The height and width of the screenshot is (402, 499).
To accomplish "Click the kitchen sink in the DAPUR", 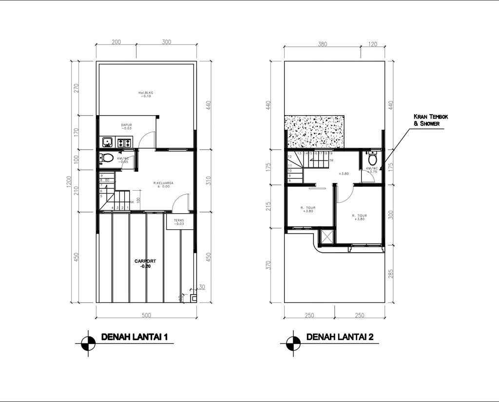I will tap(107, 142).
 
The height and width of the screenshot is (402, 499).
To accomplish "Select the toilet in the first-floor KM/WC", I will tap(107, 159).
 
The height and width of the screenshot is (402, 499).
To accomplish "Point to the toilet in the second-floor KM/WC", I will tap(373, 159).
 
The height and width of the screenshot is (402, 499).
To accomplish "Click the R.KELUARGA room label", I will tap(161, 184).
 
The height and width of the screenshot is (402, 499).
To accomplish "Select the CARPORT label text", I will tap(144, 264).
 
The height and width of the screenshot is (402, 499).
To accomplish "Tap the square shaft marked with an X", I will tap(325, 237).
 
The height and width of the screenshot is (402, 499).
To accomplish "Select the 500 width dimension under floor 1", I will tap(146, 315).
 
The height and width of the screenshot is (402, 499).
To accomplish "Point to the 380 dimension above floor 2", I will tap(322, 44).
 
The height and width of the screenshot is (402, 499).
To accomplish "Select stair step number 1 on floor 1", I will tap(128, 208).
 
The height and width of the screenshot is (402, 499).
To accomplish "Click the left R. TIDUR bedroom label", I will tap(308, 210).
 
